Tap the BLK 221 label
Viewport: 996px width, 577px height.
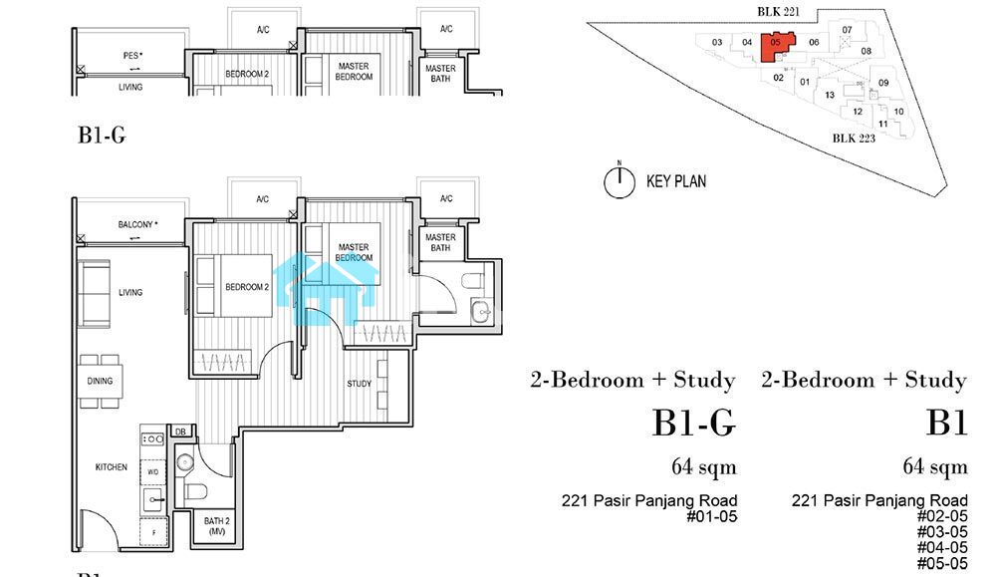tap(778, 11)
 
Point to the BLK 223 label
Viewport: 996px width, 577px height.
tap(854, 138)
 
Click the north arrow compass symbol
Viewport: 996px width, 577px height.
tap(620, 181)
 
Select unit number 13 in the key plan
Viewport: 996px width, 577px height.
tap(830, 95)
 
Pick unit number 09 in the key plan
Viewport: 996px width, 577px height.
tap(883, 83)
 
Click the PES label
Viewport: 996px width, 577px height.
tap(132, 55)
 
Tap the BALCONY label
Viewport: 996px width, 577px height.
tap(137, 224)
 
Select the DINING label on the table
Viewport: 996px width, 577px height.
tap(100, 381)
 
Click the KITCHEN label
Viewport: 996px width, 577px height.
tap(112, 467)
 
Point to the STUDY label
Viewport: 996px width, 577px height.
tap(359, 384)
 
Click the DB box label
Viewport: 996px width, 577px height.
tap(180, 432)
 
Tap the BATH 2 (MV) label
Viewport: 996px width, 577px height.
tap(216, 525)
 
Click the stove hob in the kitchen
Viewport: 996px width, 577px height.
tap(152, 438)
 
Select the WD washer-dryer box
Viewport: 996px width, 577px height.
tap(153, 472)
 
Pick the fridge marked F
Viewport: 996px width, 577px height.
tap(153, 532)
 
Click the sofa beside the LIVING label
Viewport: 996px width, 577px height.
tap(94, 293)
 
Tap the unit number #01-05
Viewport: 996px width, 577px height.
tap(711, 516)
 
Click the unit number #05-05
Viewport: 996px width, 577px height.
tap(942, 563)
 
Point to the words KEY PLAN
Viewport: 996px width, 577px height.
tap(676, 181)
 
